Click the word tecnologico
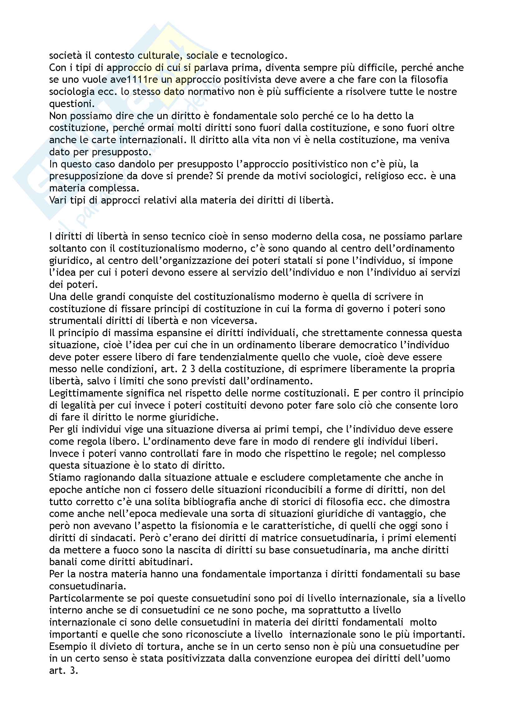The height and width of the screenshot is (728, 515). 258,56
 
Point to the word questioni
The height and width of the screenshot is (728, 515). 70,104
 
